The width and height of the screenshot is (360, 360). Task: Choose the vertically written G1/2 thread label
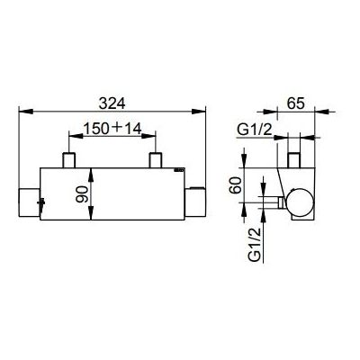(x=256, y=242)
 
